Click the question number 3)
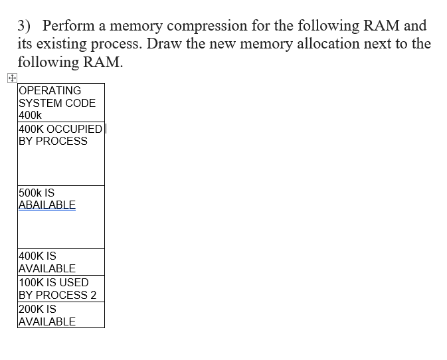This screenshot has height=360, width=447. (x=24, y=26)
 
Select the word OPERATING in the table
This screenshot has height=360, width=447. (x=50, y=90)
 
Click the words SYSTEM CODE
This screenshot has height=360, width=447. (x=57, y=103)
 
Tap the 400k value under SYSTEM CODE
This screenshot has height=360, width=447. (x=31, y=116)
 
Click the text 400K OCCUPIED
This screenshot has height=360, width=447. (x=60, y=129)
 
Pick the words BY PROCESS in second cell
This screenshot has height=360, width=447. (x=53, y=141)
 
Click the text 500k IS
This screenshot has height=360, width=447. (x=37, y=193)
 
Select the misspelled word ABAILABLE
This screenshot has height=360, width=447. (x=47, y=205)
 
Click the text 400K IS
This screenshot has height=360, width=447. (x=37, y=256)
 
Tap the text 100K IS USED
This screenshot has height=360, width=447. (x=54, y=282)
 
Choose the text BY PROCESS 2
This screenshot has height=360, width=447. (x=58, y=295)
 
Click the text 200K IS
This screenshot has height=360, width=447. (x=37, y=309)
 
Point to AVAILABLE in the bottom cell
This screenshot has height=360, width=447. (x=47, y=321)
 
